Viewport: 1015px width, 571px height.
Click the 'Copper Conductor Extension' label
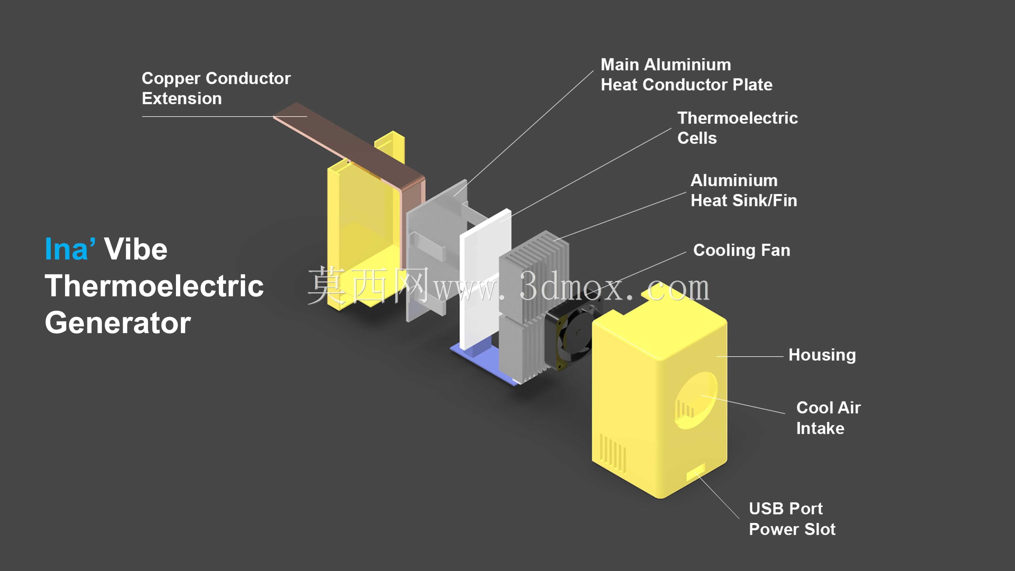coord(216,88)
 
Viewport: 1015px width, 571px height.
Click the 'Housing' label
coord(822,355)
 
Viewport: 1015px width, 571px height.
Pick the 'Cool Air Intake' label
coord(828,418)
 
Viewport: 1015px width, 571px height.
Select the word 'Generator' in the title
coord(118,323)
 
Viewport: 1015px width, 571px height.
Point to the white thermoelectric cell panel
coord(485,280)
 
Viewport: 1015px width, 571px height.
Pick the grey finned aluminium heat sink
coord(534,307)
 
